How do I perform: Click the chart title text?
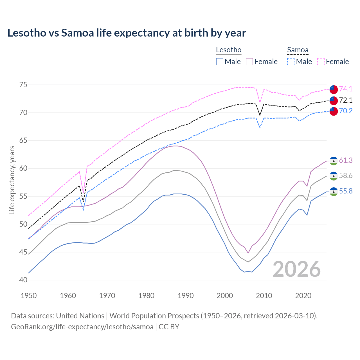tap(127, 33)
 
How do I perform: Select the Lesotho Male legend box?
tap(220, 62)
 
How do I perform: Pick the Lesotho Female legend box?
tap(249, 62)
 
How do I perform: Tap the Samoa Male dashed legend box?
tap(291, 62)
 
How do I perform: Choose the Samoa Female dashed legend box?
tap(321, 62)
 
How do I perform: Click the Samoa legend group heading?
tap(298, 50)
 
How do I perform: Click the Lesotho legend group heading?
tap(228, 50)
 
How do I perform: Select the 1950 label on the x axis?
tap(29, 296)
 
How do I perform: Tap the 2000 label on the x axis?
tap(225, 296)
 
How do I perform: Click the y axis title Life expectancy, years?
tap(12, 180)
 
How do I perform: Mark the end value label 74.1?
tap(346, 89)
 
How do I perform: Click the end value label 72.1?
tap(346, 100)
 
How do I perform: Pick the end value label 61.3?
tap(346, 160)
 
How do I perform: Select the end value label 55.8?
tap(346, 191)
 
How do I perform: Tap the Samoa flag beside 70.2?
tap(334, 111)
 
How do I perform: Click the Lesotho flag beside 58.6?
tap(334, 176)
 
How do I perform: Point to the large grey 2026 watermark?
tap(296, 269)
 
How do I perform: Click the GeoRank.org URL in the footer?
tap(82, 327)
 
